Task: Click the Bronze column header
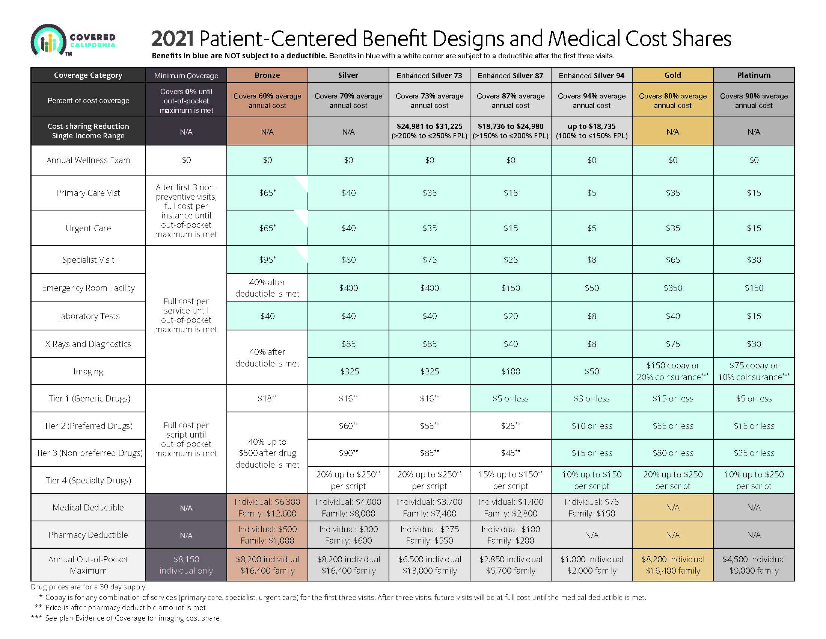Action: click(267, 75)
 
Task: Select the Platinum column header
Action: click(754, 75)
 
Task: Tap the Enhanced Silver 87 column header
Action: click(510, 75)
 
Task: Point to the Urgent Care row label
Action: click(88, 228)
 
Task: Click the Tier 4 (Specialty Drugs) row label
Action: click(88, 480)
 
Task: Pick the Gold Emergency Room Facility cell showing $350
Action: click(672, 288)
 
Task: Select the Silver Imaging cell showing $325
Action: click(348, 371)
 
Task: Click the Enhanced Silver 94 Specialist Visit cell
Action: click(591, 260)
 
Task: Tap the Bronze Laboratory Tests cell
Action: click(267, 316)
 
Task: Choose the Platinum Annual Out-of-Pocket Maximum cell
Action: click(754, 565)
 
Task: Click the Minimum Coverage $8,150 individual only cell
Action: click(186, 565)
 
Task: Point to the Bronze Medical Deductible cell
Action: click(267, 508)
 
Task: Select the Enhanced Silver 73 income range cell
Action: click(429, 131)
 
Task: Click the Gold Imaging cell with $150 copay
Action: click(672, 371)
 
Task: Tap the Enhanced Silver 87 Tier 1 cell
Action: click(510, 398)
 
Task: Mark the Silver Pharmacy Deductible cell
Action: click(348, 535)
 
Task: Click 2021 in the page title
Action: click(172, 39)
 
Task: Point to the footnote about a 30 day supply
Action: click(89, 587)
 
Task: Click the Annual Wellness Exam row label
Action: click(88, 160)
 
